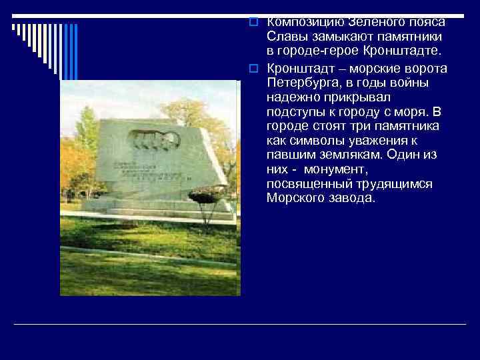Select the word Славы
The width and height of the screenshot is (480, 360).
pyautogui.click(x=286, y=37)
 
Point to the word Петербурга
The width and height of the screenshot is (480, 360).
pyautogui.click(x=301, y=84)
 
